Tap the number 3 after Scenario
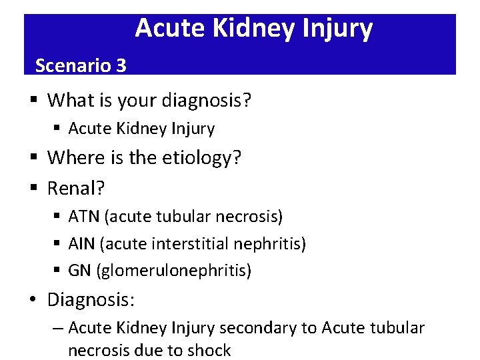[x=121, y=65]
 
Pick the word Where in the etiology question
[x=73, y=158]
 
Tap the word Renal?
[x=76, y=189]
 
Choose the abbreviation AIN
[x=82, y=244]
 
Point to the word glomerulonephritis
[x=173, y=271]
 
